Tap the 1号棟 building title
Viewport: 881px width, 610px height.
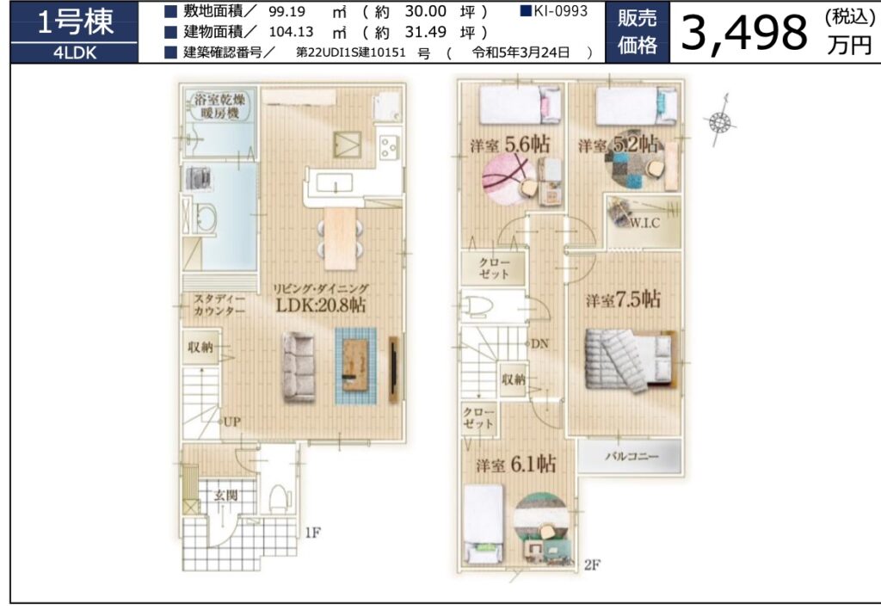(x=75, y=22)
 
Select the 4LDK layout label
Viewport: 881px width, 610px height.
(x=75, y=52)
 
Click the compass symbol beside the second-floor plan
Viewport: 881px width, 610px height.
(x=720, y=121)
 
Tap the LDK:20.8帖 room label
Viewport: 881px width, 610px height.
(x=321, y=305)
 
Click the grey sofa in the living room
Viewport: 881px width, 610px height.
(x=299, y=367)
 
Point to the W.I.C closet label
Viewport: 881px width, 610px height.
(x=644, y=223)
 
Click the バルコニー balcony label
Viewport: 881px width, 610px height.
(x=631, y=456)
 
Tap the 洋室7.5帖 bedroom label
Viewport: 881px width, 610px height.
(x=623, y=299)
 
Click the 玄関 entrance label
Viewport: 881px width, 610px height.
(x=226, y=496)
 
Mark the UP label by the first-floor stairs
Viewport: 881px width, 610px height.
(x=232, y=422)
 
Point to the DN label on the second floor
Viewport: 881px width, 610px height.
(x=540, y=343)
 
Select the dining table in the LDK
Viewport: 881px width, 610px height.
(x=341, y=238)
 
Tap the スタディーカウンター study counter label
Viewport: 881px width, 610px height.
(x=219, y=305)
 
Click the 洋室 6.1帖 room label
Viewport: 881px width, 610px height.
(x=516, y=465)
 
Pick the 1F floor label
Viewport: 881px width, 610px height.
(x=312, y=532)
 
